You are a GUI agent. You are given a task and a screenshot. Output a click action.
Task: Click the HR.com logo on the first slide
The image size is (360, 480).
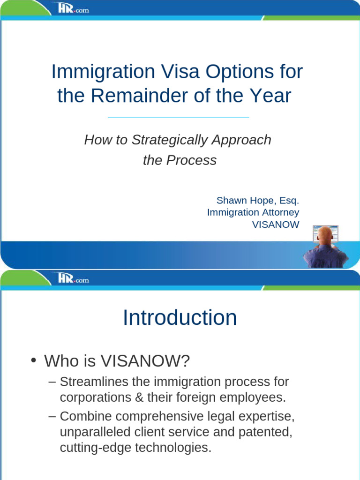click(x=70, y=8)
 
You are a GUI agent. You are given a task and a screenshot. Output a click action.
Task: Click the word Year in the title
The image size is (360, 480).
click(x=271, y=96)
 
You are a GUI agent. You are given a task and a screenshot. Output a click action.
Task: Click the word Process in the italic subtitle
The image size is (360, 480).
click(x=193, y=160)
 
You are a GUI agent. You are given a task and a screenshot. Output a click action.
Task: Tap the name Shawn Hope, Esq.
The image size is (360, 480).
click(x=257, y=201)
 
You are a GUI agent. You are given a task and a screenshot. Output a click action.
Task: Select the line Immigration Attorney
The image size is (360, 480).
click(x=253, y=212)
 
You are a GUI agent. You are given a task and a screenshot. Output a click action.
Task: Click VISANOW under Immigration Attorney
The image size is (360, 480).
click(x=276, y=225)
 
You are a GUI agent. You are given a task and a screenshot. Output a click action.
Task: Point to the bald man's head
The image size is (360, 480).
click(x=325, y=235)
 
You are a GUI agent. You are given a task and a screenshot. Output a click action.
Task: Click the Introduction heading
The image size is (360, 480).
click(x=180, y=318)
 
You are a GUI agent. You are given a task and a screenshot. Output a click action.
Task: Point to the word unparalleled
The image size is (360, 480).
click(x=97, y=432)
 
